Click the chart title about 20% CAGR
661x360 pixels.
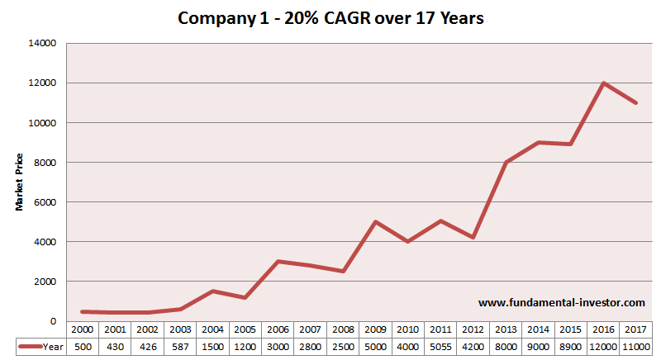[330, 17]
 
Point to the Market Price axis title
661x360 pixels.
[19, 181]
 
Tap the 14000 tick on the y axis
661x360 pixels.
[42, 43]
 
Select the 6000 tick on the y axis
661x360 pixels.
[45, 202]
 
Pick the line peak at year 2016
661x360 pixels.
[604, 83]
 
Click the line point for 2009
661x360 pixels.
[375, 222]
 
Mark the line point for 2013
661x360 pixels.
[506, 163]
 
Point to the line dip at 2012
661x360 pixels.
[473, 238]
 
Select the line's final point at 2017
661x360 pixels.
[636, 103]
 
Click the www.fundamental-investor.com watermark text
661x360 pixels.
[561, 303]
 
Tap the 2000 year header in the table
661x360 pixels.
[81, 329]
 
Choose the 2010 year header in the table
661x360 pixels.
[408, 329]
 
